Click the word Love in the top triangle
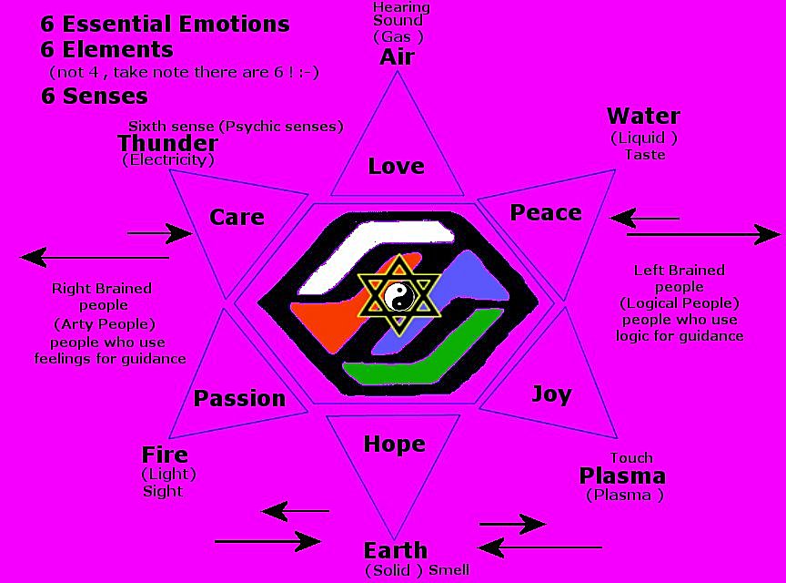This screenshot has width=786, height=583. [x=396, y=166]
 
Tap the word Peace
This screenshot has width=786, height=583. [x=545, y=212]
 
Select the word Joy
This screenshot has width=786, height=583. [x=551, y=394]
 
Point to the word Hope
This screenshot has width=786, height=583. [x=394, y=444]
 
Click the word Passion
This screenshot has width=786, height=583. [x=239, y=398]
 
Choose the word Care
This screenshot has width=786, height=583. [x=237, y=217]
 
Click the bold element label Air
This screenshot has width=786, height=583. [x=397, y=56]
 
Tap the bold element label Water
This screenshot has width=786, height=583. [x=642, y=116]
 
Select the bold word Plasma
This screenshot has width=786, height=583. [x=622, y=476]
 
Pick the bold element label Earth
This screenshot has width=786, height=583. [x=395, y=550]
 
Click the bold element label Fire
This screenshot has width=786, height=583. [x=165, y=455]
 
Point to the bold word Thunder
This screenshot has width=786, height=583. [x=167, y=143]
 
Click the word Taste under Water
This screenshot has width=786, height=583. [x=644, y=155]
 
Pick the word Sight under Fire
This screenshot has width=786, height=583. [x=163, y=491]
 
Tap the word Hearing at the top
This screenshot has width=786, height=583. [x=400, y=8]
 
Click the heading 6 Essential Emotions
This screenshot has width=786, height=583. [x=165, y=24]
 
